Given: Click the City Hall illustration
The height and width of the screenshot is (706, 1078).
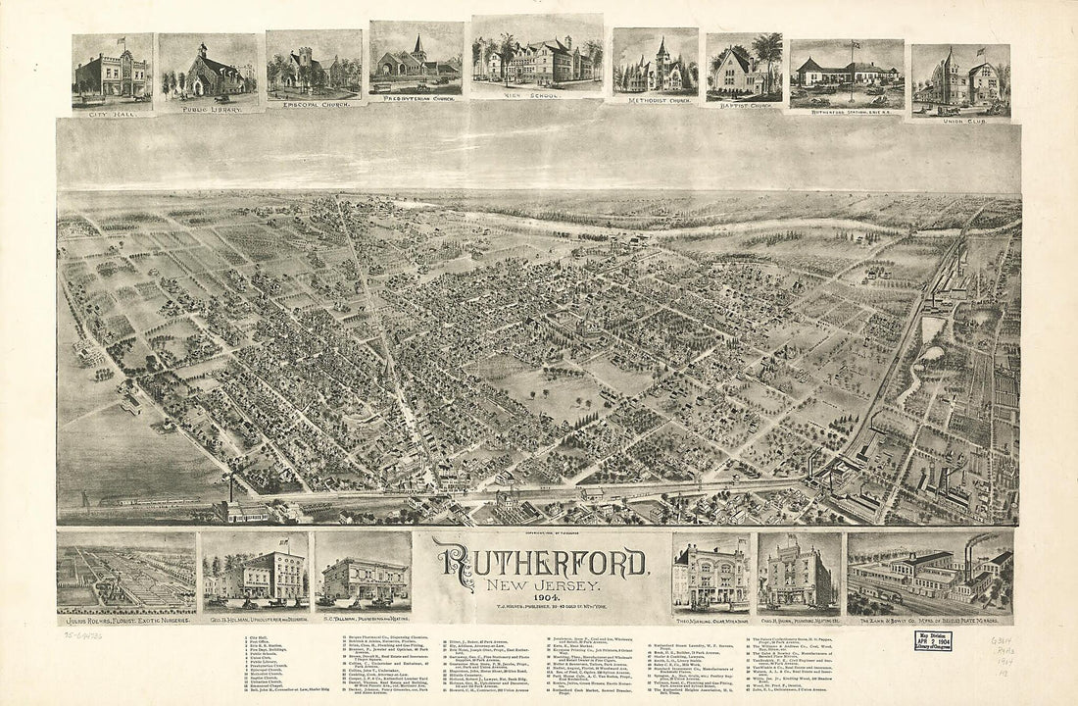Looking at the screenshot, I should click(112, 72).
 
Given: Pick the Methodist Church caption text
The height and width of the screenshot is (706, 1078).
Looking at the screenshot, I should click(656, 100).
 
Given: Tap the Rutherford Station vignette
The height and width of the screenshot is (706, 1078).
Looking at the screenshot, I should click(847, 74).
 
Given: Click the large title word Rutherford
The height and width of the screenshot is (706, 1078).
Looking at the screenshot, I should click(542, 563).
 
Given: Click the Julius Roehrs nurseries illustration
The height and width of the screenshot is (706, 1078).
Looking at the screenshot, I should click(126, 575).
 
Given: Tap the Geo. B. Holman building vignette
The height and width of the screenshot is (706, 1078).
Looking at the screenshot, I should click(255, 574).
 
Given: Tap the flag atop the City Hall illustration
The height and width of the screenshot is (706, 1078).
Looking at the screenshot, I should click(122, 41).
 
